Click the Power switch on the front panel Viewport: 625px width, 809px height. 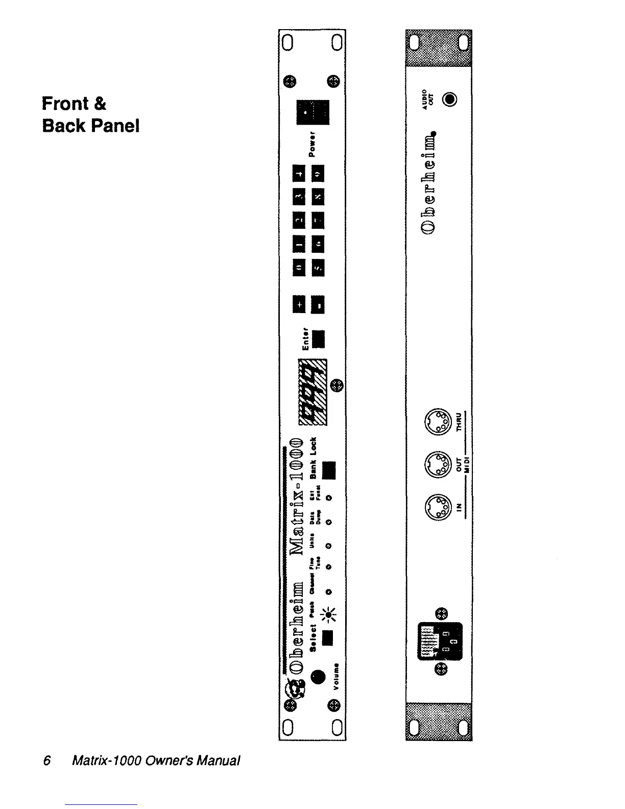[x=312, y=112]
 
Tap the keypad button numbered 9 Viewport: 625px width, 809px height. [x=319, y=174]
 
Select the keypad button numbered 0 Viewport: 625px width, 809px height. [x=299, y=268]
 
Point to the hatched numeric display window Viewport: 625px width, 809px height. [x=312, y=392]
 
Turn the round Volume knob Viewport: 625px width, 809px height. [x=318, y=677]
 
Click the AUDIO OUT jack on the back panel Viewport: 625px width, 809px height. [x=449, y=99]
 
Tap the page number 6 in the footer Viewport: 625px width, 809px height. [x=47, y=761]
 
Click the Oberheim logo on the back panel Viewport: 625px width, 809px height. [x=431, y=185]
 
